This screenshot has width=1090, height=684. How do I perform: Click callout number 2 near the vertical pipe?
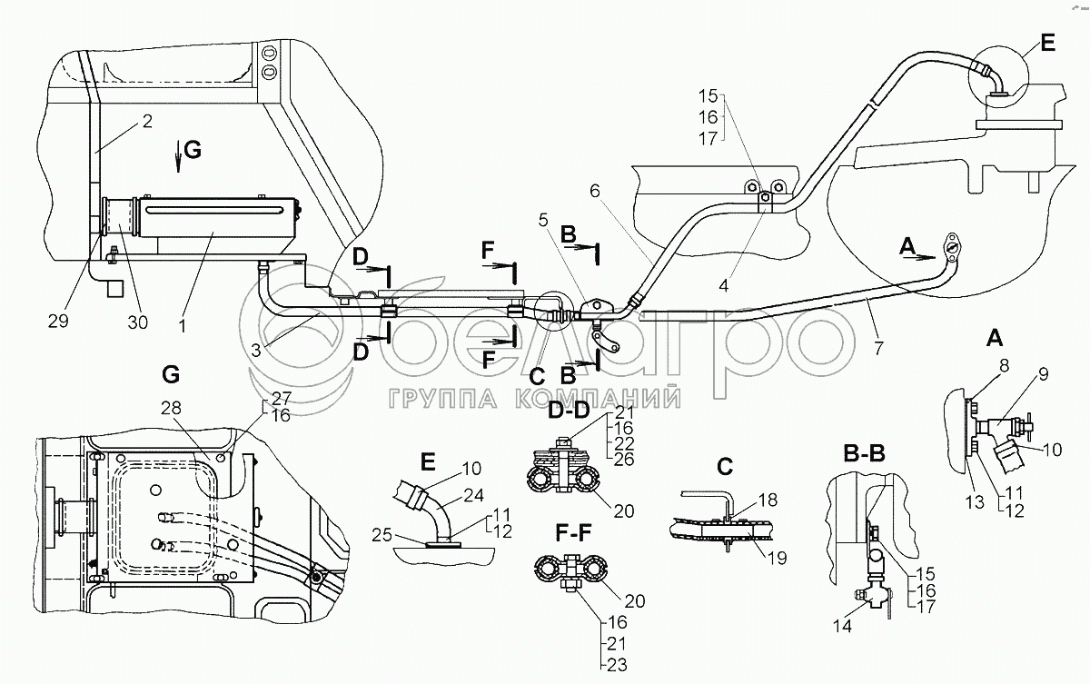[147, 121]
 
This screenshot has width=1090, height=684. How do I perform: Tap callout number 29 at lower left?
[58, 321]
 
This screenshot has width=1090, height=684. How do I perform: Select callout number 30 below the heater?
[137, 322]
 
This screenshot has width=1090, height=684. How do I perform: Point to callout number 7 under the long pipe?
[878, 348]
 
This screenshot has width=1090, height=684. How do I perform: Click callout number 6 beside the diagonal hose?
[595, 191]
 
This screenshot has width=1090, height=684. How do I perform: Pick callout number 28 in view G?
[172, 407]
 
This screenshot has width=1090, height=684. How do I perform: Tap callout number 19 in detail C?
[777, 558]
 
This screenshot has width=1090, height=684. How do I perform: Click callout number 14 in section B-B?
[842, 626]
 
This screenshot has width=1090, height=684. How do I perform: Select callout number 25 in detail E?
[382, 535]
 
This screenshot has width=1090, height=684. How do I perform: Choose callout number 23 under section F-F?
[617, 665]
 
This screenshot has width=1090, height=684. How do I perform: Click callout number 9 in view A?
[1043, 374]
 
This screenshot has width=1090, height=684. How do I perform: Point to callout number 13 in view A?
[975, 501]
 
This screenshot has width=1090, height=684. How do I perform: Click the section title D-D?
[569, 410]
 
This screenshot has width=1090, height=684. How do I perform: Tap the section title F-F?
[573, 534]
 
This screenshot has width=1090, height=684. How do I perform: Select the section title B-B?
[864, 454]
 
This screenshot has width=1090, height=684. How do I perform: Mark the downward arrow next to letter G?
[179, 155]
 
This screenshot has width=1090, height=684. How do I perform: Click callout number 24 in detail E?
[473, 495]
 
